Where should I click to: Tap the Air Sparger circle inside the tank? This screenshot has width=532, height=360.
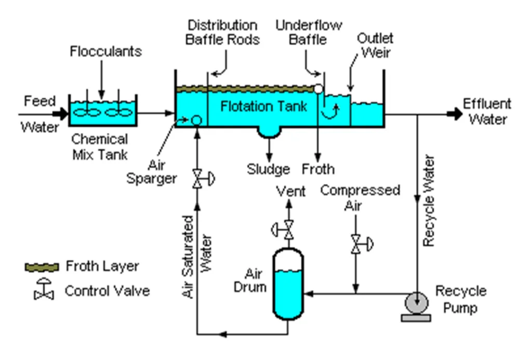tap(196, 120)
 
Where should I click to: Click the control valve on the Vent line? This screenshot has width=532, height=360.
tap(289, 228)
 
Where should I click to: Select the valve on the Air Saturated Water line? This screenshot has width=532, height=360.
tap(197, 179)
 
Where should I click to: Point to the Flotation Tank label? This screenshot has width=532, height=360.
tap(264, 106)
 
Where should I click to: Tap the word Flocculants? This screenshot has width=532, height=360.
tap(106, 51)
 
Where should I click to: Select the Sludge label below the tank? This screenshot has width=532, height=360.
tap(268, 169)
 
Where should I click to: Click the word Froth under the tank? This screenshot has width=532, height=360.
tap(318, 169)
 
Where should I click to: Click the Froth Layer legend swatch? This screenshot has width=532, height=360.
tap(42, 267)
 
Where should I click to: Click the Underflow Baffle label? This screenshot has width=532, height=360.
tap(309, 32)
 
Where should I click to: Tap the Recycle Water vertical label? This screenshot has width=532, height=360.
tap(429, 200)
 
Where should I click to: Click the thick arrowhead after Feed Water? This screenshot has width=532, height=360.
tap(62, 112)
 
